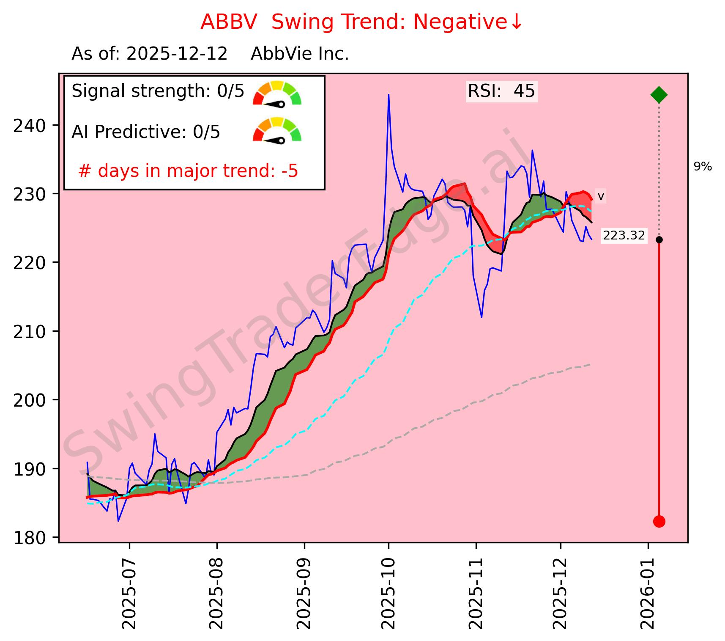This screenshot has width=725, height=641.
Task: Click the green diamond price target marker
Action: point(659,95)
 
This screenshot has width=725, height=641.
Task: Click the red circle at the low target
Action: point(659,521)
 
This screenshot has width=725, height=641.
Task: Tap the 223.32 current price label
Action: point(624,235)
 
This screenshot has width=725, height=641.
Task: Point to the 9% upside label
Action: point(703,167)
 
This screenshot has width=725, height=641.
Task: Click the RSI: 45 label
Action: point(501,91)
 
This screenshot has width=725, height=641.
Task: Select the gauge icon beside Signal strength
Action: point(277,93)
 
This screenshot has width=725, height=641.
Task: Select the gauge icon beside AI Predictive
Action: point(277,130)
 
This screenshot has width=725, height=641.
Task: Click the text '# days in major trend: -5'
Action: point(188,171)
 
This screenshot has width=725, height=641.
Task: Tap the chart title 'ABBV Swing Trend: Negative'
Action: point(361,22)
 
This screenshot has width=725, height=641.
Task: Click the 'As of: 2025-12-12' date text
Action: point(150,54)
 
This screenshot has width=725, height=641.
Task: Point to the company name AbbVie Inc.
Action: point(300,54)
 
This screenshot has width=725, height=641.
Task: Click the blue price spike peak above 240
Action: point(388,95)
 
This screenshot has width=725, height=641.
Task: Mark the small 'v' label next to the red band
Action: point(601,196)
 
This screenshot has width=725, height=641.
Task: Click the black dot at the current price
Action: point(659,239)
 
